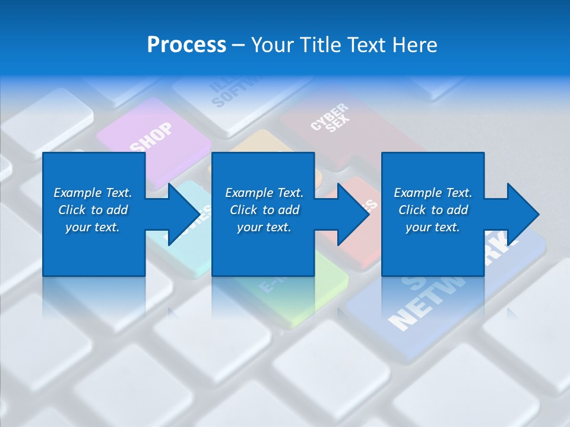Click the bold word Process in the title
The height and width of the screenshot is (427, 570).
pyautogui.click(x=186, y=45)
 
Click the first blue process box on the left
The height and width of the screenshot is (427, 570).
pyautogui.click(x=94, y=213)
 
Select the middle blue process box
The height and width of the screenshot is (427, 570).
pyautogui.click(x=263, y=213)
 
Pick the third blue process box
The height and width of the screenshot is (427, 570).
pyautogui.click(x=432, y=213)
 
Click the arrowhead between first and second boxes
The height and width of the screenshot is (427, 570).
pyautogui.click(x=184, y=213)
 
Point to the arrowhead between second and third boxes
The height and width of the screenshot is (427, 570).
pyautogui.click(x=354, y=213)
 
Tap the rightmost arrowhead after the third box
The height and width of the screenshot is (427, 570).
pyautogui.click(x=522, y=213)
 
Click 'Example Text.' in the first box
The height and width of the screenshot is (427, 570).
pyautogui.click(x=93, y=193)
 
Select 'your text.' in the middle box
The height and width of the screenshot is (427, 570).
pyautogui.click(x=264, y=227)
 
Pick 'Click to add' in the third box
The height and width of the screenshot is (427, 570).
pyautogui.click(x=433, y=210)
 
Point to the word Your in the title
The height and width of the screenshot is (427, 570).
pyautogui.click(x=273, y=45)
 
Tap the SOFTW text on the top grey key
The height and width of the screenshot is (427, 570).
pyautogui.click(x=229, y=95)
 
